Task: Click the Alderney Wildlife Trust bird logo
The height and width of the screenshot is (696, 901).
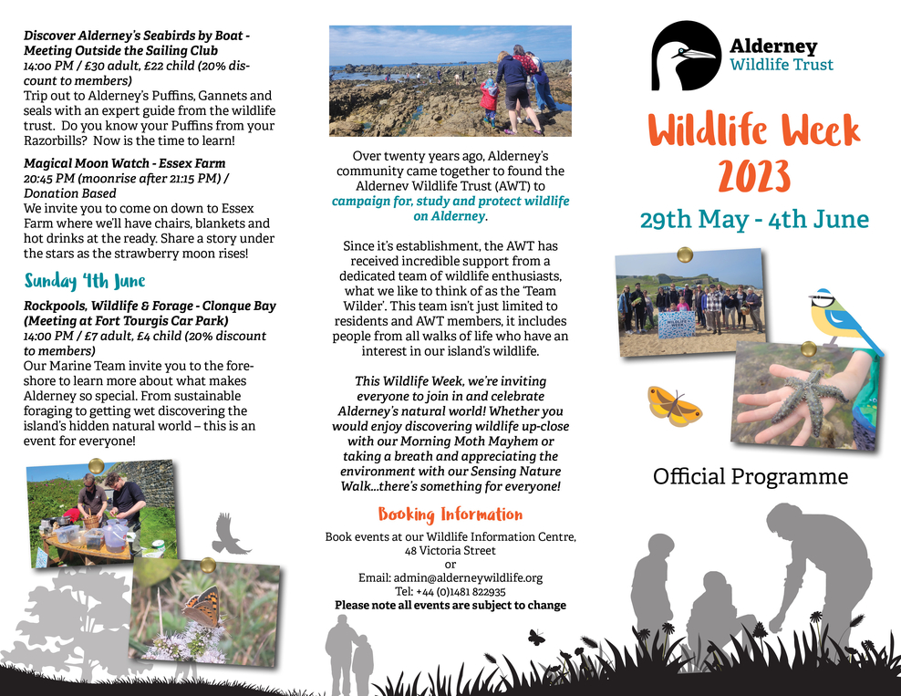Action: click(x=686, y=55)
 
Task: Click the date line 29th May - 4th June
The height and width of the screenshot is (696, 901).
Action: click(x=753, y=220)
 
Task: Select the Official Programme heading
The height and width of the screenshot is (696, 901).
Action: click(x=751, y=476)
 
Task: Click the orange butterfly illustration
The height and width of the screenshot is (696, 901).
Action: click(x=674, y=405)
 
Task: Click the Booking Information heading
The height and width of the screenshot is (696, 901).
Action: click(x=450, y=514)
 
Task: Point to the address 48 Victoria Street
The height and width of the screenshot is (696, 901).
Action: click(x=450, y=551)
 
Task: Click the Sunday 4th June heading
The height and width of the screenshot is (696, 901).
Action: click(x=85, y=280)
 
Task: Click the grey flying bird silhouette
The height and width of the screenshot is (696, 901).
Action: click(x=231, y=534)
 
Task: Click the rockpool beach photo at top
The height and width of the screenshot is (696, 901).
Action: click(x=450, y=80)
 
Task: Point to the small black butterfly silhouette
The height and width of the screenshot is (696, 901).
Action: click(x=536, y=637)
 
